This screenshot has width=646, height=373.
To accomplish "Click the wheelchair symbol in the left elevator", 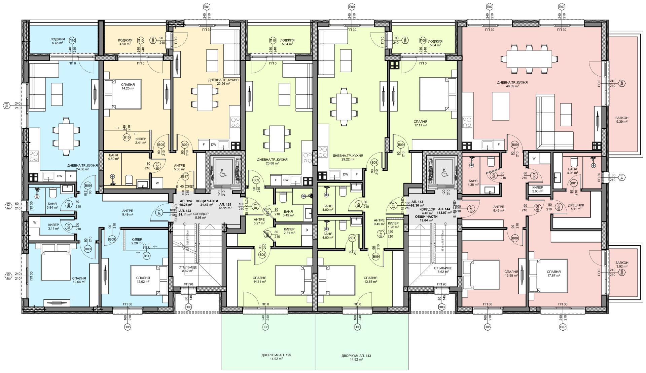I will (223, 173).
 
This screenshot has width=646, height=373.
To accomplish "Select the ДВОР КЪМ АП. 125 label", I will (268, 357).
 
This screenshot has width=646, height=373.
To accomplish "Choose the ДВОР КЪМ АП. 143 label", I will (361, 357).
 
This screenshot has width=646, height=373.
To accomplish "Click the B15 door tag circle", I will (127, 137).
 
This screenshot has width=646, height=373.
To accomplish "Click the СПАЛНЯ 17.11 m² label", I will (421, 123).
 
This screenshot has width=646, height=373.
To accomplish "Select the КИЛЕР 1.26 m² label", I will (393, 225).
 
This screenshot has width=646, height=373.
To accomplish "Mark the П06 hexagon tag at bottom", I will (357, 327).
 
